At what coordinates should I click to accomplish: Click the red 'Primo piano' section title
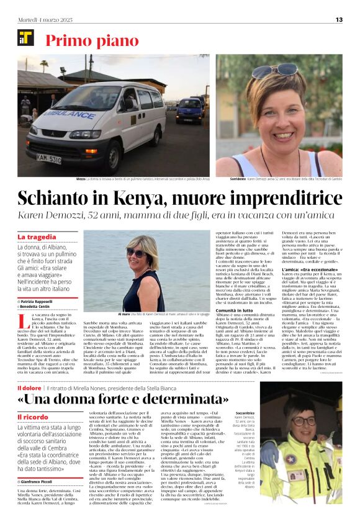click(92, 41)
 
